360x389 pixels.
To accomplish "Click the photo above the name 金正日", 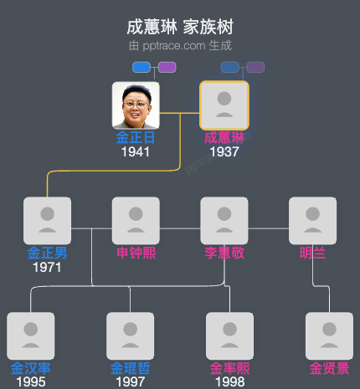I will pyautogui.click(x=136, y=105).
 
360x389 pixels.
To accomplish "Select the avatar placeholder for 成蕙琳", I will pyautogui.click(x=224, y=105).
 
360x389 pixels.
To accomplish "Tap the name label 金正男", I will pyautogui.click(x=48, y=253).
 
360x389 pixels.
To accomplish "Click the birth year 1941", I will pyautogui.click(x=136, y=152).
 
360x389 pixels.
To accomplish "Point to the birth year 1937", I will pyautogui.click(x=224, y=152).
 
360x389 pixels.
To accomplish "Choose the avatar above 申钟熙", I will pyautogui.click(x=136, y=220).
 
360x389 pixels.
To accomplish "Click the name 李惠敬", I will pyautogui.click(x=224, y=253).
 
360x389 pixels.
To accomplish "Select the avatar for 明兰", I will pyautogui.click(x=312, y=220).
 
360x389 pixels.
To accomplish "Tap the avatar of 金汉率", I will pyautogui.click(x=31, y=335).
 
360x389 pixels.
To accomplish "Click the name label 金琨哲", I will pyautogui.click(x=131, y=368).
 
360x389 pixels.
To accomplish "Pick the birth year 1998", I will pyautogui.click(x=229, y=382).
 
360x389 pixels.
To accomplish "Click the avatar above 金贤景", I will pyautogui.click(x=329, y=335).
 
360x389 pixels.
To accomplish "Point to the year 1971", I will pyautogui.click(x=48, y=268).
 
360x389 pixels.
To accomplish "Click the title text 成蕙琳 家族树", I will pyautogui.click(x=179, y=28).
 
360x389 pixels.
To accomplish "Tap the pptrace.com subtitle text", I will pyautogui.click(x=179, y=45).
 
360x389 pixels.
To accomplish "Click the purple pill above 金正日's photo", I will pyautogui.click(x=167, y=67).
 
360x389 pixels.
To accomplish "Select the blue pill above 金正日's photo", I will pyautogui.click(x=141, y=67).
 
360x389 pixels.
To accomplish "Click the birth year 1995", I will pyautogui.click(x=31, y=382).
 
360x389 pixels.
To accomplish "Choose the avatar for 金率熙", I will pyautogui.click(x=229, y=335).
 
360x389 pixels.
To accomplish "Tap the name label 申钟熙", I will pyautogui.click(x=136, y=253).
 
